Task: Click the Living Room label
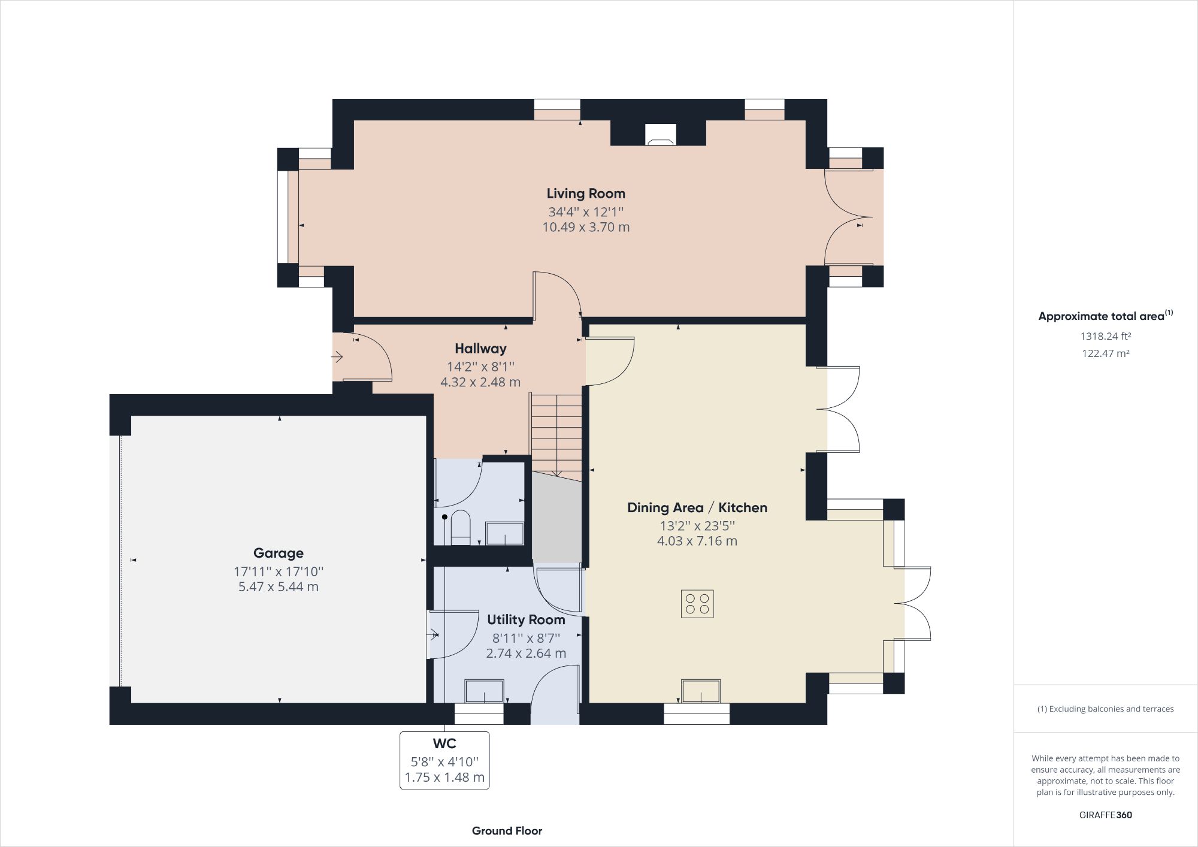(x=585, y=193)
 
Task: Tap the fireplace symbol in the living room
(x=661, y=135)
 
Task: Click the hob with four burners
(x=697, y=604)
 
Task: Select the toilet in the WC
(x=461, y=527)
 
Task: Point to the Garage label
(x=278, y=553)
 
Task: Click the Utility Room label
(x=526, y=619)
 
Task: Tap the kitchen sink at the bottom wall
(x=701, y=691)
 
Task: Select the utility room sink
(x=484, y=691)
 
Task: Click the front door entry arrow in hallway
(x=337, y=357)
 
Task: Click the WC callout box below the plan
(x=444, y=760)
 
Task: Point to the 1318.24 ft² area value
(x=1105, y=336)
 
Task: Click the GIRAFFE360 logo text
(x=1105, y=815)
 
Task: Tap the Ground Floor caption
(x=507, y=831)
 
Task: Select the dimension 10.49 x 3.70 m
(x=585, y=227)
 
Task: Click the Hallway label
(x=480, y=349)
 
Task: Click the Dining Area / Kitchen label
(x=697, y=507)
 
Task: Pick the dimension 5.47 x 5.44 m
(x=278, y=586)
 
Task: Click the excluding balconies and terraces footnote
(x=1105, y=709)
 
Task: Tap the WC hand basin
(x=504, y=533)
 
